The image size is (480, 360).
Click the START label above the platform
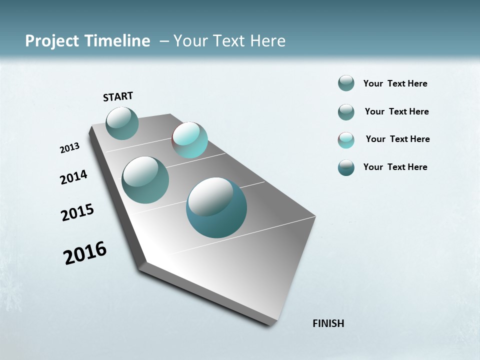[x=118, y=96]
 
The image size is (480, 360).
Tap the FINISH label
[x=328, y=323]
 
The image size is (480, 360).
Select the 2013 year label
[x=69, y=148]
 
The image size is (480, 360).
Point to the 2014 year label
[x=73, y=177]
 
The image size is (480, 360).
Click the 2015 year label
[x=77, y=212]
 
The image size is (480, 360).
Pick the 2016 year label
[x=85, y=253]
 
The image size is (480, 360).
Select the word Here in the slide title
[x=267, y=41]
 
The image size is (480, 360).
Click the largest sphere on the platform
[x=216, y=207]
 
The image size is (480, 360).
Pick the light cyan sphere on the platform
[x=190, y=140]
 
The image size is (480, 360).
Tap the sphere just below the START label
[x=122, y=123]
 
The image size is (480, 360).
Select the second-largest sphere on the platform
[x=145, y=180]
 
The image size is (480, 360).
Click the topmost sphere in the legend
[x=346, y=83]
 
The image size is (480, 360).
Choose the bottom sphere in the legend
[x=346, y=167]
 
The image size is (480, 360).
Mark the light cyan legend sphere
[x=346, y=140]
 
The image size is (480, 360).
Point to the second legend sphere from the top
[x=346, y=112]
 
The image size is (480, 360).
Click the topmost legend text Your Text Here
[x=395, y=83]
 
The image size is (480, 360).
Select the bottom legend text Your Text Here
[x=395, y=167]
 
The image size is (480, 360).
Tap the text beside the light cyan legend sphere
[x=397, y=139]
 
